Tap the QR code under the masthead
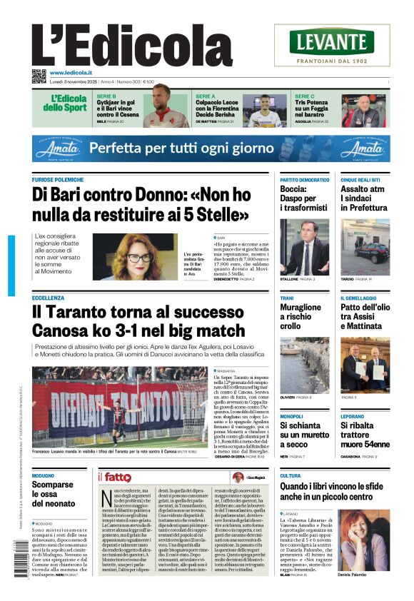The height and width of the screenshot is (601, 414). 39,76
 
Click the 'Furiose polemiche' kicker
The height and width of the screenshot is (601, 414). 58,180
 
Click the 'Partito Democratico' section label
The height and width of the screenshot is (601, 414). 304,180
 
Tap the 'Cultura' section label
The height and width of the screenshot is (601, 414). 290,475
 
